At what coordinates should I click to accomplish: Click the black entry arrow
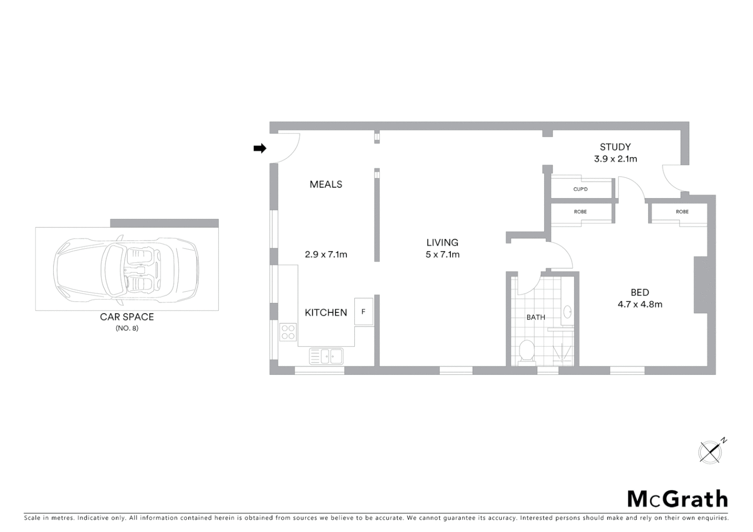pyautogui.click(x=260, y=148)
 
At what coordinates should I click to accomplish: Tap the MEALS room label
pyautogui.click(x=326, y=184)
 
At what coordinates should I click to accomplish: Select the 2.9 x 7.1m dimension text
pyautogui.click(x=326, y=255)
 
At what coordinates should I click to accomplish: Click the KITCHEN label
pyautogui.click(x=326, y=312)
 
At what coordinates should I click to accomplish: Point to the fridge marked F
pyautogui.click(x=364, y=312)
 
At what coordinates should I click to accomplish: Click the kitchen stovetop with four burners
pyautogui.click(x=288, y=332)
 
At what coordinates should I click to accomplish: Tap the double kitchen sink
pyautogui.click(x=326, y=356)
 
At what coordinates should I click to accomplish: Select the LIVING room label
pyautogui.click(x=443, y=242)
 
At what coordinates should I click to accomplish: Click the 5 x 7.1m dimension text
pyautogui.click(x=443, y=255)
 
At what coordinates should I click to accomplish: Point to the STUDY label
pyautogui.click(x=615, y=147)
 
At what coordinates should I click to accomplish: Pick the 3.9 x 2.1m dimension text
pyautogui.click(x=615, y=159)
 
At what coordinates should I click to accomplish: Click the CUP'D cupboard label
pyautogui.click(x=580, y=190)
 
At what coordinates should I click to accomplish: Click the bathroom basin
pyautogui.click(x=567, y=312)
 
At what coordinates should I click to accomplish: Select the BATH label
pyautogui.click(x=536, y=317)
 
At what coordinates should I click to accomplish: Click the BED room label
pyautogui.click(x=640, y=293)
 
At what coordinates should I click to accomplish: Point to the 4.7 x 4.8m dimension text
pyautogui.click(x=640, y=304)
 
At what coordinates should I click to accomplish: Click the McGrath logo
pyautogui.click(x=677, y=499)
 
